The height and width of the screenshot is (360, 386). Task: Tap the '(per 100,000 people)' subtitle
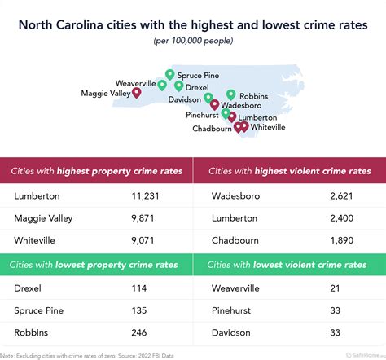coord(193,41)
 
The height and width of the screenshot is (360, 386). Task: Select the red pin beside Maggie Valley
coord(136,93)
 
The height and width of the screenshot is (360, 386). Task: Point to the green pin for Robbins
coord(231,94)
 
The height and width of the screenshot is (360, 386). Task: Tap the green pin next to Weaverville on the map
coord(162,84)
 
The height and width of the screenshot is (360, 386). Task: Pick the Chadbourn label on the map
coord(212,128)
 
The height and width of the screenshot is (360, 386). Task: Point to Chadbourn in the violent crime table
coord(237,241)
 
